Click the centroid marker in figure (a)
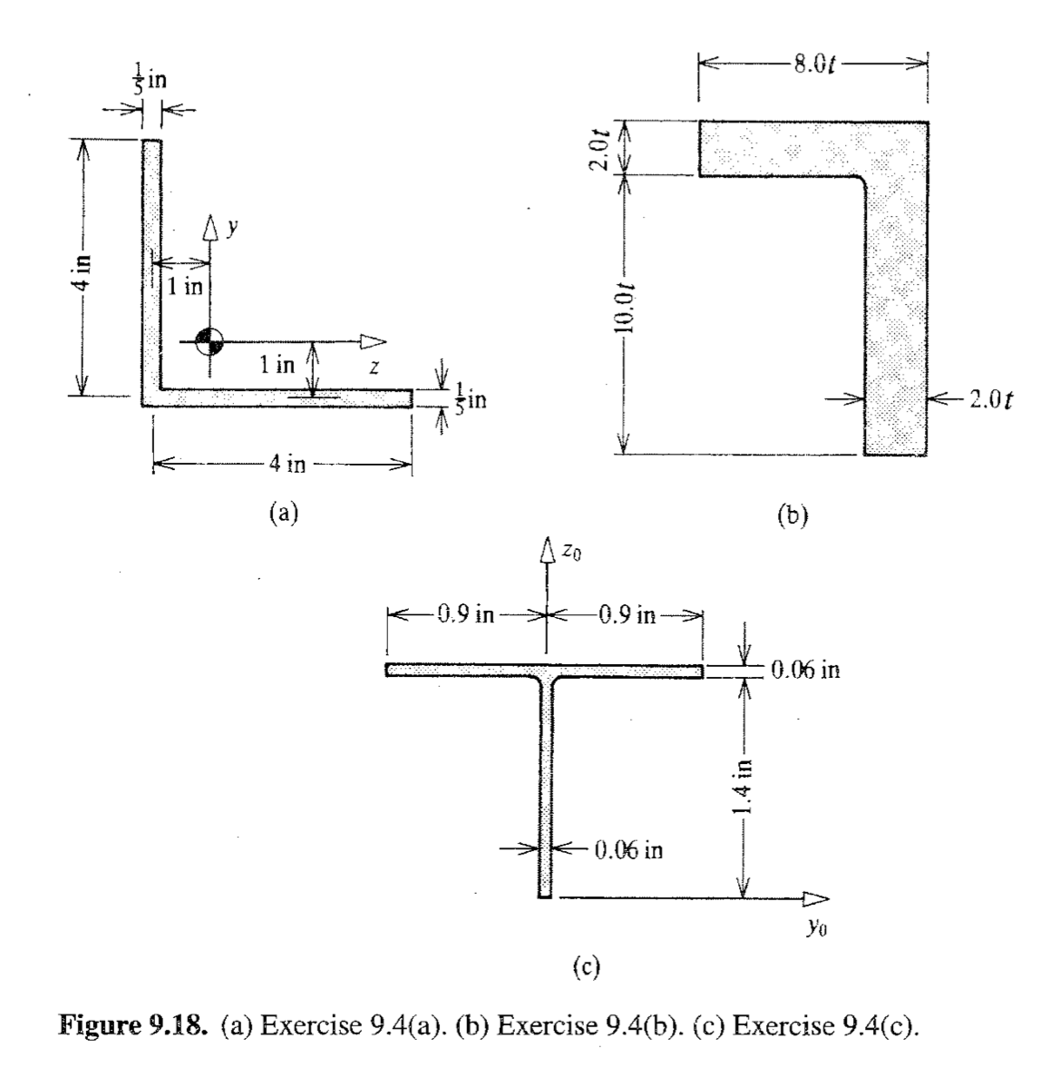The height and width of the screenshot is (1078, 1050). (x=209, y=341)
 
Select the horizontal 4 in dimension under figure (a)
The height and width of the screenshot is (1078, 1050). (x=287, y=465)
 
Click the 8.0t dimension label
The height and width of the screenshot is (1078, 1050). (x=813, y=67)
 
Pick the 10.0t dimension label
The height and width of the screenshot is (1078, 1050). (x=625, y=313)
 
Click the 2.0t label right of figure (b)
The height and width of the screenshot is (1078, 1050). (x=989, y=401)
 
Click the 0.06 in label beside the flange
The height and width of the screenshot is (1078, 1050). (x=805, y=671)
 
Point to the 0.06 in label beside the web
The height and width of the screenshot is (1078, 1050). (x=628, y=849)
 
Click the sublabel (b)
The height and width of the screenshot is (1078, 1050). (x=792, y=519)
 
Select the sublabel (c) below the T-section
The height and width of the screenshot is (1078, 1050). (x=588, y=968)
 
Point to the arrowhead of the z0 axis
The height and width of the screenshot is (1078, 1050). (x=546, y=550)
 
